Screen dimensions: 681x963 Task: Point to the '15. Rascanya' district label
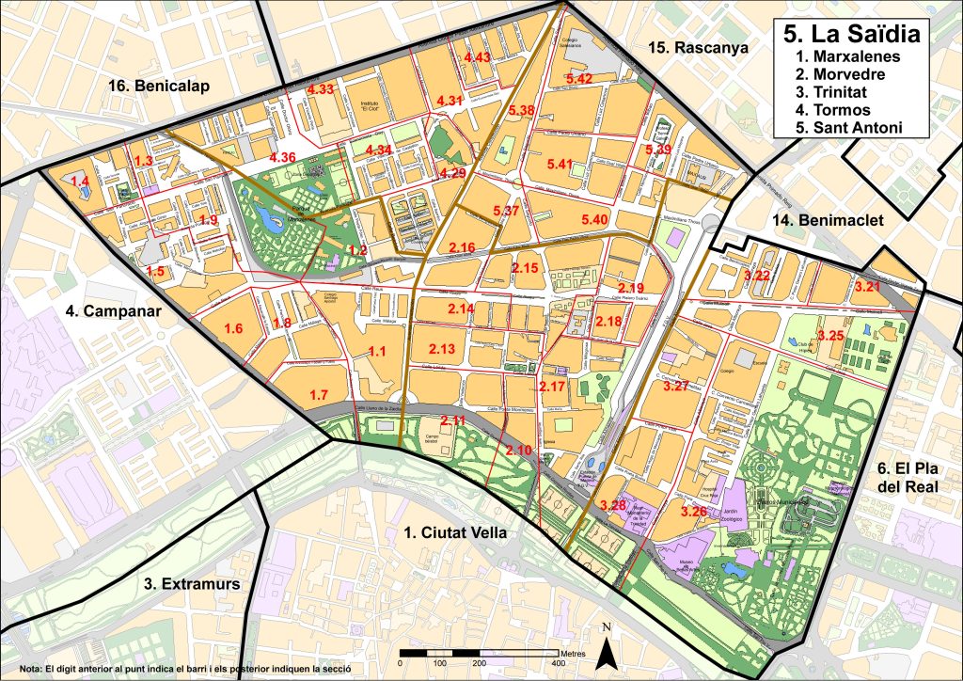click(x=691, y=46)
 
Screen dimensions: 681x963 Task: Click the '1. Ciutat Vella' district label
click(x=455, y=533)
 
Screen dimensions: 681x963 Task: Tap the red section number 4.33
click(x=321, y=89)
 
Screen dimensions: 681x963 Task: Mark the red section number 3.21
click(x=867, y=286)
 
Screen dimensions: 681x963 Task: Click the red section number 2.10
click(x=518, y=451)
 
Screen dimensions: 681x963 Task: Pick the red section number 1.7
click(x=319, y=394)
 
